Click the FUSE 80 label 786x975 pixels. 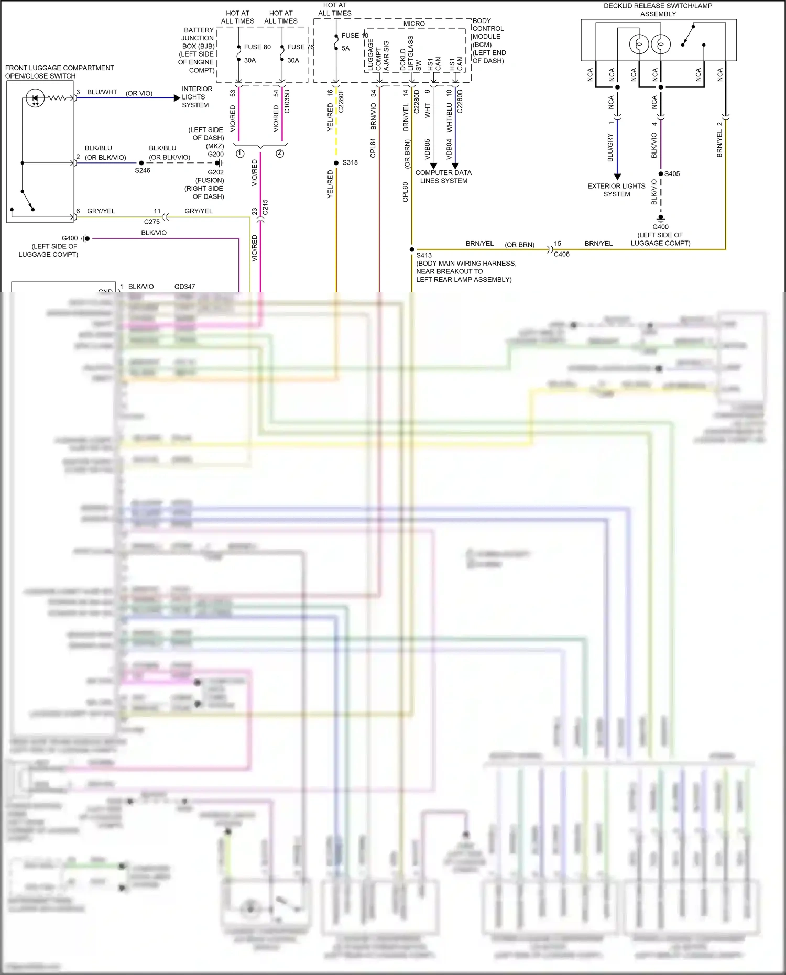[x=257, y=47]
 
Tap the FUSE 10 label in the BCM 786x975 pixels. [x=354, y=36]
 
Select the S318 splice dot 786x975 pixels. [x=336, y=163]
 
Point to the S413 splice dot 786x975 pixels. [x=412, y=249]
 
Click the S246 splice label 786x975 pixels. [x=143, y=170]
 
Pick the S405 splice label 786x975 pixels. [x=672, y=174]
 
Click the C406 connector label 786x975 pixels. [x=561, y=254]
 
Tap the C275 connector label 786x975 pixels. [x=152, y=222]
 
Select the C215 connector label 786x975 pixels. [x=265, y=207]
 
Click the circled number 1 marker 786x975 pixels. [x=240, y=154]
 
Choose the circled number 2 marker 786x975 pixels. [x=280, y=154]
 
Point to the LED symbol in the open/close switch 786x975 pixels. [x=35, y=98]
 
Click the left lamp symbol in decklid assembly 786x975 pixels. [x=639, y=45]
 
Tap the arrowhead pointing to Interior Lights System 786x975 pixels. [x=177, y=98]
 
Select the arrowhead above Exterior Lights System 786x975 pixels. [x=617, y=177]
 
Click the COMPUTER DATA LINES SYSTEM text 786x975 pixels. [x=443, y=177]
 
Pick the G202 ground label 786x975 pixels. [x=215, y=172]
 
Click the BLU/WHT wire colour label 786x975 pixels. [x=102, y=92]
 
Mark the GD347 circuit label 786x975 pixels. [x=184, y=287]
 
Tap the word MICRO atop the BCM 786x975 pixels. [x=414, y=24]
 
